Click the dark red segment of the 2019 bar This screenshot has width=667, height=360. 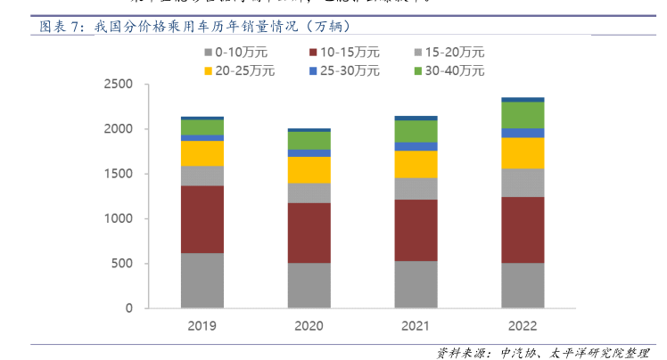[x=202, y=219]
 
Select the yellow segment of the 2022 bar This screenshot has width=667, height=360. [x=523, y=153]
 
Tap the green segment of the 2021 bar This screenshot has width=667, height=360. [x=416, y=131]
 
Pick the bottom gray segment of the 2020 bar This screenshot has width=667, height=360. [x=309, y=285]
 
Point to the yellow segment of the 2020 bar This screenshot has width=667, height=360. [x=309, y=169]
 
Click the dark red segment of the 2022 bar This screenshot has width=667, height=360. [x=523, y=229]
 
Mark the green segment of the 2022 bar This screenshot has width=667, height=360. [x=523, y=115]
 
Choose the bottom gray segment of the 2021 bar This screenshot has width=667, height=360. [x=416, y=284]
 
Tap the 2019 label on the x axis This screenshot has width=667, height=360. [x=202, y=326]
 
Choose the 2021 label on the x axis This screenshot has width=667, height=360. [x=416, y=326]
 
